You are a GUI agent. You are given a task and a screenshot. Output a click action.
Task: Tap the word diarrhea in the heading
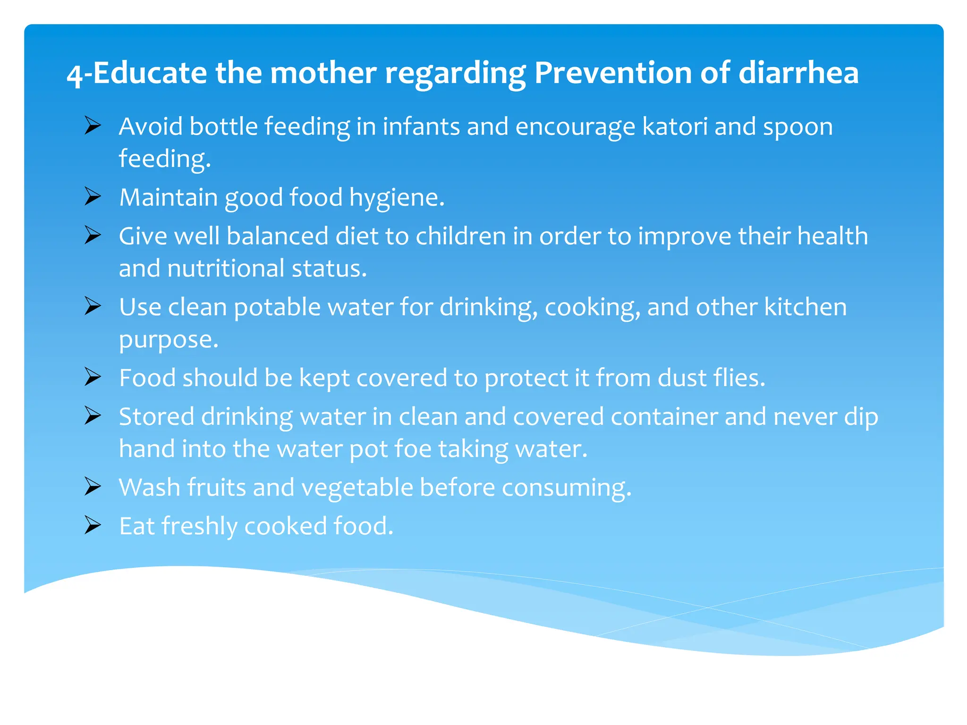798,73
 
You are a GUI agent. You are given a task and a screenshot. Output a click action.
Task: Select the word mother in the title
323,73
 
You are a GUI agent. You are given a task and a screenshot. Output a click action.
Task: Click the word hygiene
397,198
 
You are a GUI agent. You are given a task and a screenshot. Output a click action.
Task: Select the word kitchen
806,307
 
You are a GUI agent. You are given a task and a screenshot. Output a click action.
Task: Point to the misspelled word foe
413,448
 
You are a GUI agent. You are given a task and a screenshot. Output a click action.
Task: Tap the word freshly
199,526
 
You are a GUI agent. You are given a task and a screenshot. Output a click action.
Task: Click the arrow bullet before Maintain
93,196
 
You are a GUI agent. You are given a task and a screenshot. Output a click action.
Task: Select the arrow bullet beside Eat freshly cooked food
93,525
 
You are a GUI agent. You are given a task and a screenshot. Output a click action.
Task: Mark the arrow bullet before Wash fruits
93,486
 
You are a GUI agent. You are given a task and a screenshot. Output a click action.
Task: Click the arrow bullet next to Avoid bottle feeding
93,126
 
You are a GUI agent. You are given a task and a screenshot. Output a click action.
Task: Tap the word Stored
156,417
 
